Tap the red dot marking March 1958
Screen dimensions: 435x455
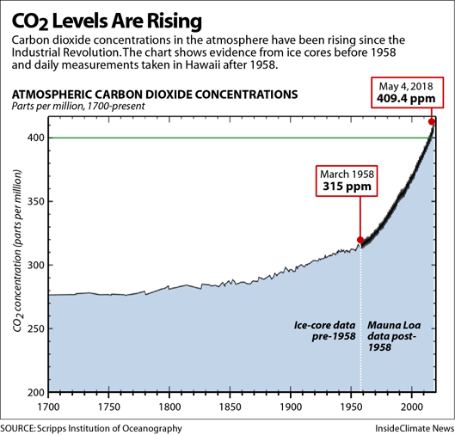pos(360,241)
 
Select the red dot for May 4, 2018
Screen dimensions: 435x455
pos(431,121)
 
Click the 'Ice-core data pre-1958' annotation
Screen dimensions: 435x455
pos(324,332)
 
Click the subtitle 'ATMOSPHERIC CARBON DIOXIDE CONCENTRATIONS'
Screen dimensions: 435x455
pos(152,94)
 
